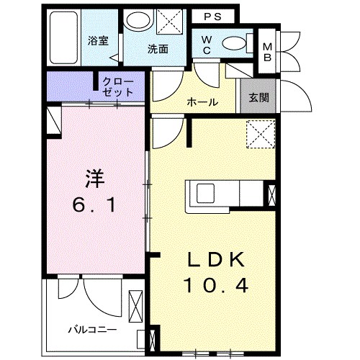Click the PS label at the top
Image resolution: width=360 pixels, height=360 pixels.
click(212, 17)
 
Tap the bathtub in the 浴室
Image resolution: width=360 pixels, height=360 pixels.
click(63, 38)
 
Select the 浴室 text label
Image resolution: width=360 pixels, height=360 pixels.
click(98, 41)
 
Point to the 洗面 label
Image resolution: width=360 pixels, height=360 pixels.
click(158, 49)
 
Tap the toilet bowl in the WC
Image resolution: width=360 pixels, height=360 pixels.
click(234, 43)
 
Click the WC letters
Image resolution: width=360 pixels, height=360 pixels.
click(207, 45)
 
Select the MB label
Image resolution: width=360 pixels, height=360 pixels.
click(267, 52)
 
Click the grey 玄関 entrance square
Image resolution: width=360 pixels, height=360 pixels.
click(258, 96)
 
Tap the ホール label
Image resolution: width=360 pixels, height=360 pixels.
click(202, 102)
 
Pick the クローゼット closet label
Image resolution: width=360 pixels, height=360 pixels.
click(117, 87)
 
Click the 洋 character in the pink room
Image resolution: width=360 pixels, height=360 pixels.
click(95, 179)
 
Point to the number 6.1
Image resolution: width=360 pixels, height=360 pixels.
click(94, 205)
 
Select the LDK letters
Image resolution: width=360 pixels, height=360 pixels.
click(216, 259)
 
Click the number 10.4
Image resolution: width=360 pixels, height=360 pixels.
click(216, 285)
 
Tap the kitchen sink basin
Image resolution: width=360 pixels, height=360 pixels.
click(205, 194)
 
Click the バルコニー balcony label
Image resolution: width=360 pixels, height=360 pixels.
click(93, 330)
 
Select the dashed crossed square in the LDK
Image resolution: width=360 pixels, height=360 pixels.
click(261, 134)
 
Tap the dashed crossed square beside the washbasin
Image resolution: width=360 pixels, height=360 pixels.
click(169, 22)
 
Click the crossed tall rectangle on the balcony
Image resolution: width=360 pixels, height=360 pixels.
click(135, 306)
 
